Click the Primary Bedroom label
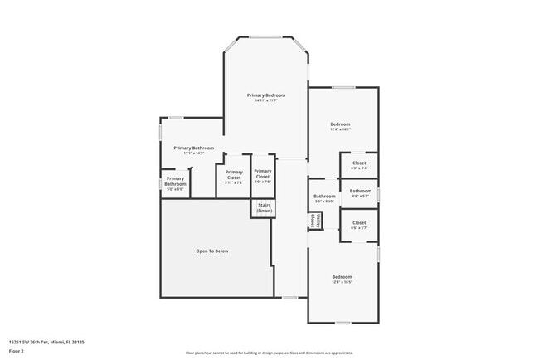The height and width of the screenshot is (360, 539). [x=266, y=95]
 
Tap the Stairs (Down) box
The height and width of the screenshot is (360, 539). [x=264, y=208]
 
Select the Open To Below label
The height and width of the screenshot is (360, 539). [x=211, y=251]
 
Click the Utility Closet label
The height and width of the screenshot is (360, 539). [x=313, y=221]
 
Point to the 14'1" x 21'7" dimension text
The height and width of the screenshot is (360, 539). [x=266, y=101]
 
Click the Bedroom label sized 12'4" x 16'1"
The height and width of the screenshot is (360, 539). [x=341, y=124]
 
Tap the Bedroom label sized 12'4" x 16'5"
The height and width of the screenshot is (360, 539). [x=342, y=276]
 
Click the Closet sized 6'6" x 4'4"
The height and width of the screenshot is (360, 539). [x=359, y=163]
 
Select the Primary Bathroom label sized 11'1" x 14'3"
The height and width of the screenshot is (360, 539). [x=193, y=148]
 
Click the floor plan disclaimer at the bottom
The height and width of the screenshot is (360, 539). [x=269, y=353]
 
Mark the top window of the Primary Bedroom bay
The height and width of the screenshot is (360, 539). [x=266, y=37]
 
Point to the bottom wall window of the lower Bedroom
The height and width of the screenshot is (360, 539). [x=342, y=322]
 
